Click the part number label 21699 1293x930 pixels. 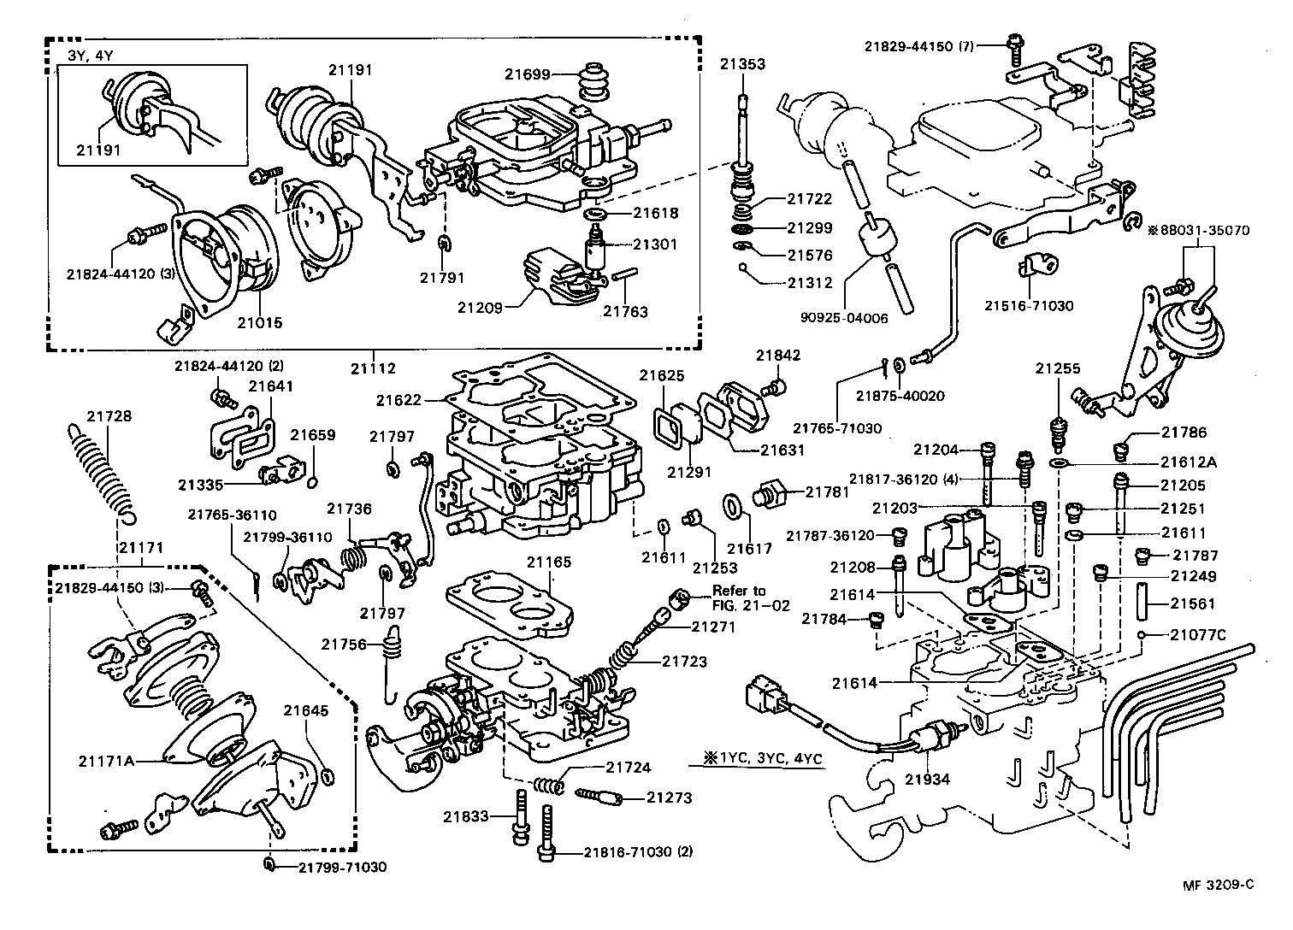click(527, 74)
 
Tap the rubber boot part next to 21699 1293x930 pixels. click(588, 84)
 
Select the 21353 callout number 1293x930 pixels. click(741, 64)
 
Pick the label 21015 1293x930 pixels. click(259, 323)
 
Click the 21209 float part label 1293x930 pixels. click(479, 306)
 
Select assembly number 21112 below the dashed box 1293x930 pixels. click(374, 368)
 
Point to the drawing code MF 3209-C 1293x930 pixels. click(1213, 885)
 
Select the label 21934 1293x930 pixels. click(928, 779)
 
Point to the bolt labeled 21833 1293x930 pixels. click(521, 818)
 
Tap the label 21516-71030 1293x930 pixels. click(1029, 305)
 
